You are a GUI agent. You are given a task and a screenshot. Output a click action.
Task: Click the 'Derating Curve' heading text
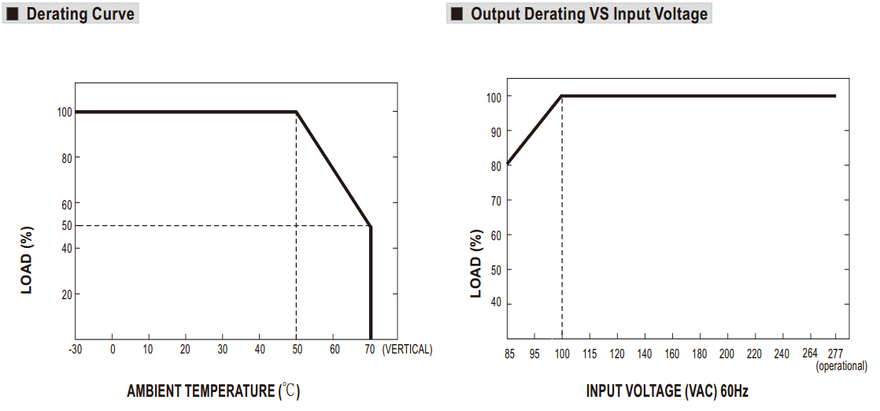coord(80,14)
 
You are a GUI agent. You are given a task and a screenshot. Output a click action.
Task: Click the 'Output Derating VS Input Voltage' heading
coord(589,14)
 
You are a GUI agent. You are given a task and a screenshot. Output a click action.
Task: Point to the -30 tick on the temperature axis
coord(76,350)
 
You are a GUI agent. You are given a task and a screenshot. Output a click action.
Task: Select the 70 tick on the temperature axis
coord(370,350)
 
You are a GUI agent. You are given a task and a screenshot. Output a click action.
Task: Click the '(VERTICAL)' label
coord(407,350)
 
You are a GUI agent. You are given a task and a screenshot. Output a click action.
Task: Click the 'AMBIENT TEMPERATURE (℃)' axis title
coord(213,391)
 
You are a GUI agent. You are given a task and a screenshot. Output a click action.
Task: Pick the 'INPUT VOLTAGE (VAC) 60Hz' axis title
coord(667,391)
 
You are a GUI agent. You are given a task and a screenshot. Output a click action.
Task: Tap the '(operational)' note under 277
coord(841,366)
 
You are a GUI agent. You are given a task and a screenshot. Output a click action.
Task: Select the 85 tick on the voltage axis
coord(509,354)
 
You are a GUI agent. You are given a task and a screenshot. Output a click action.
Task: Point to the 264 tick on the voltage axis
coord(809,354)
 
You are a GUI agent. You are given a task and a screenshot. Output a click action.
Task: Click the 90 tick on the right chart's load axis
coord(495,131)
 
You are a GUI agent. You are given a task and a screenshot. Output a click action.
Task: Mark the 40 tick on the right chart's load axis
coord(495,304)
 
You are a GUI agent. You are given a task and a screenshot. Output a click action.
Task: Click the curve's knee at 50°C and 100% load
coord(296,112)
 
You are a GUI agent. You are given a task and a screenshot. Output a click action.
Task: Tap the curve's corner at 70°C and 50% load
coord(370,226)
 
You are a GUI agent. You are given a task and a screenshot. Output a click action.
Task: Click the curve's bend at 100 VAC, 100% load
coord(561,96)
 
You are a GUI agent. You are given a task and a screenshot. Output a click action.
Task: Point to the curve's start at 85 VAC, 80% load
coord(508,164)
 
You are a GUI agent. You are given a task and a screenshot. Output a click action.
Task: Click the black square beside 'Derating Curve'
coord(13,14)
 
